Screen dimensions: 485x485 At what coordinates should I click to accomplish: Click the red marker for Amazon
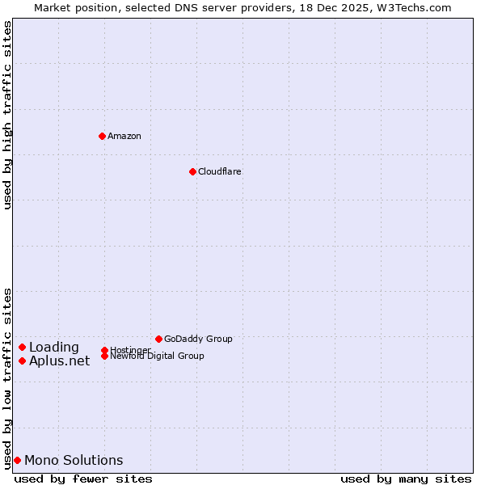(102, 136)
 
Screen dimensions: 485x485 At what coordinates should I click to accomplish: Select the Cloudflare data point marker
(192, 171)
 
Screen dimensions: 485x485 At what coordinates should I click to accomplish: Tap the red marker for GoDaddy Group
(158, 339)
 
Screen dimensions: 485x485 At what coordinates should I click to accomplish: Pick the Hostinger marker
(104, 350)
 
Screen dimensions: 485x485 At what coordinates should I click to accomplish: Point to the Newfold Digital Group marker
(104, 356)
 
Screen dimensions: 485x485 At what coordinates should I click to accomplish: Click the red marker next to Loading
(22, 348)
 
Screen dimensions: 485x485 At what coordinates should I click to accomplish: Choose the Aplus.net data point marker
(22, 361)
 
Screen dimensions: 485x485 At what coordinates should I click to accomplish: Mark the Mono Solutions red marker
(17, 460)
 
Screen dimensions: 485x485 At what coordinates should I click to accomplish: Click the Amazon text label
(124, 136)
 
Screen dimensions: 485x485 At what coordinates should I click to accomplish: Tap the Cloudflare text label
(220, 171)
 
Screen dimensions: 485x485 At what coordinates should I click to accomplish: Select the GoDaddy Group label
(198, 339)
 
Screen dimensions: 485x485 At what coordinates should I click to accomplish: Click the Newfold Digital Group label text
(158, 356)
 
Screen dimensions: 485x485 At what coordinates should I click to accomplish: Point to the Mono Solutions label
(74, 460)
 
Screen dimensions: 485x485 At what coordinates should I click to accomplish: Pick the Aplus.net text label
(60, 361)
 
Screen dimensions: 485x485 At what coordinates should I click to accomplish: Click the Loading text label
(54, 348)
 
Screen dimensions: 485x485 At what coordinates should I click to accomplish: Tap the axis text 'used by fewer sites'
(83, 479)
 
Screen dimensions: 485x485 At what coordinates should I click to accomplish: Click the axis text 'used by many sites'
(406, 479)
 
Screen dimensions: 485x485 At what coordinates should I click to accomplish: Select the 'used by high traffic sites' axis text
(8, 116)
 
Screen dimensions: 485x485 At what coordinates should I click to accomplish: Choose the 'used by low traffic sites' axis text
(8, 377)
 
